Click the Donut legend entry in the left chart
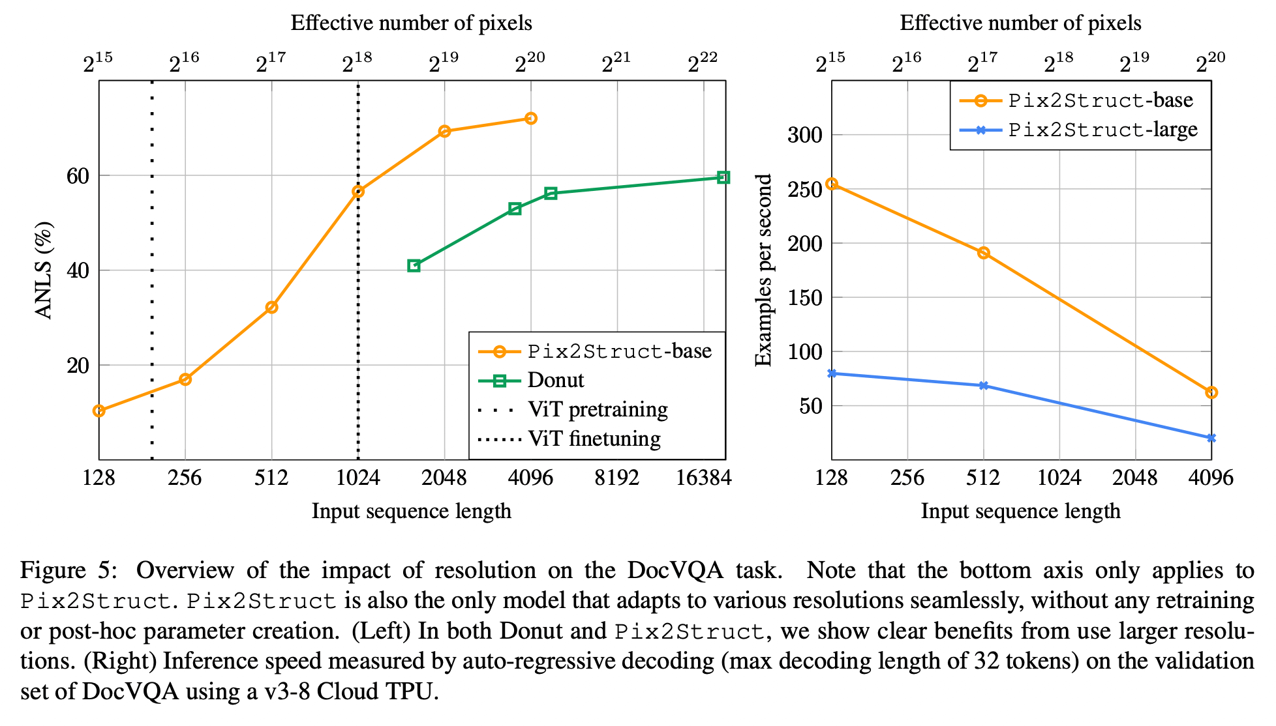[x=555, y=381]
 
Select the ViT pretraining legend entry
[x=598, y=410]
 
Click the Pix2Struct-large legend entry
[x=1102, y=130]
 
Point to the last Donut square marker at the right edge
[x=723, y=177]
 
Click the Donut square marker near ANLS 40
[x=414, y=265]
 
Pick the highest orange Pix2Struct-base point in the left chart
[x=531, y=119]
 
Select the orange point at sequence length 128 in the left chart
[x=99, y=411]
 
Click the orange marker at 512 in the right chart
[x=984, y=253]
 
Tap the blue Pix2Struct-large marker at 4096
[x=1211, y=438]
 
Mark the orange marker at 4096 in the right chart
[x=1211, y=392]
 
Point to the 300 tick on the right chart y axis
[x=805, y=136]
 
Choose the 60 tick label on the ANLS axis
[x=78, y=176]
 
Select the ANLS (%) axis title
[x=44, y=270]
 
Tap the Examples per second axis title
[x=763, y=270]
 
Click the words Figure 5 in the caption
[x=68, y=571]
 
